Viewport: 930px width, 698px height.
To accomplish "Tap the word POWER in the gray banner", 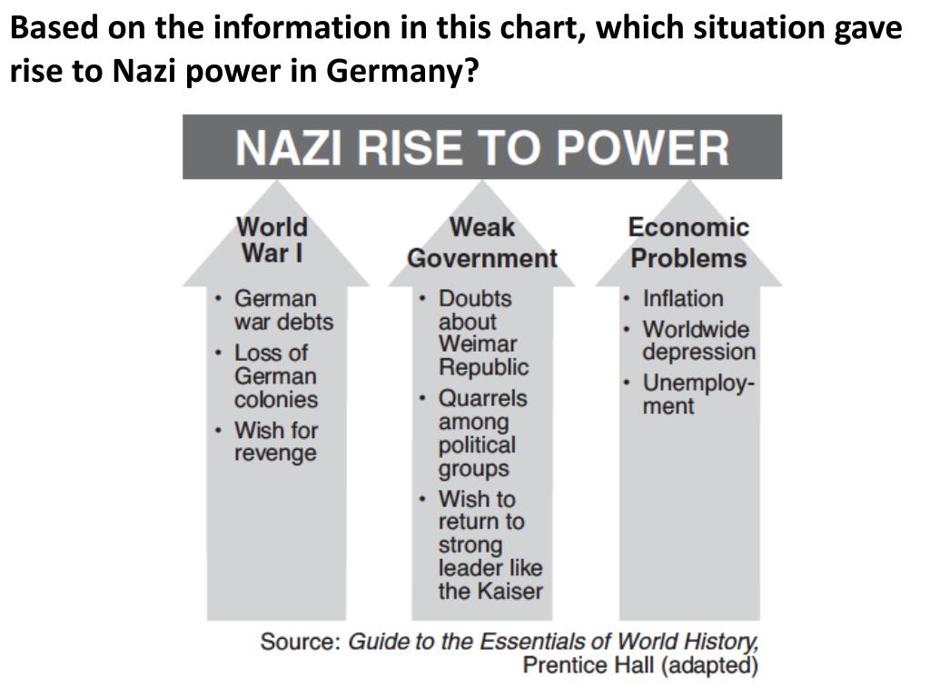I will coord(642,148).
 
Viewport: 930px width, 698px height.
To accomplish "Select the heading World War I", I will coord(272,239).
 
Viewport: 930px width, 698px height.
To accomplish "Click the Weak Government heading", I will coord(481,243).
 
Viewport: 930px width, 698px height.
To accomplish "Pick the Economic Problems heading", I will coord(688,243).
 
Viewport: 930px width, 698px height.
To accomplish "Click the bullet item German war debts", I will coord(282,310).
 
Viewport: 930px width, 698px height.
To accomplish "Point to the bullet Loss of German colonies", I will coord(275,376).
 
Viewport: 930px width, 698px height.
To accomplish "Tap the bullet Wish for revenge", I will coord(275,441).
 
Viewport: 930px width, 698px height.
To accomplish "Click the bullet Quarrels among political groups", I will coord(481,434).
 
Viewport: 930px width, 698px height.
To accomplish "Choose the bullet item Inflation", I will coord(683,298).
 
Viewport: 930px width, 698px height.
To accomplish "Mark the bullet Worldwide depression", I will coord(697,341).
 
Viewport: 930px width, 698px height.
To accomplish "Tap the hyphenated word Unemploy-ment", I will coord(697,394).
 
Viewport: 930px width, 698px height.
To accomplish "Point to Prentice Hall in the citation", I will coord(588,665).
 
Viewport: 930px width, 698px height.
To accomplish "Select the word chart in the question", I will coord(533,28).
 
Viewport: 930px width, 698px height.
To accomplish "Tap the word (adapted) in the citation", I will coord(709,665).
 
